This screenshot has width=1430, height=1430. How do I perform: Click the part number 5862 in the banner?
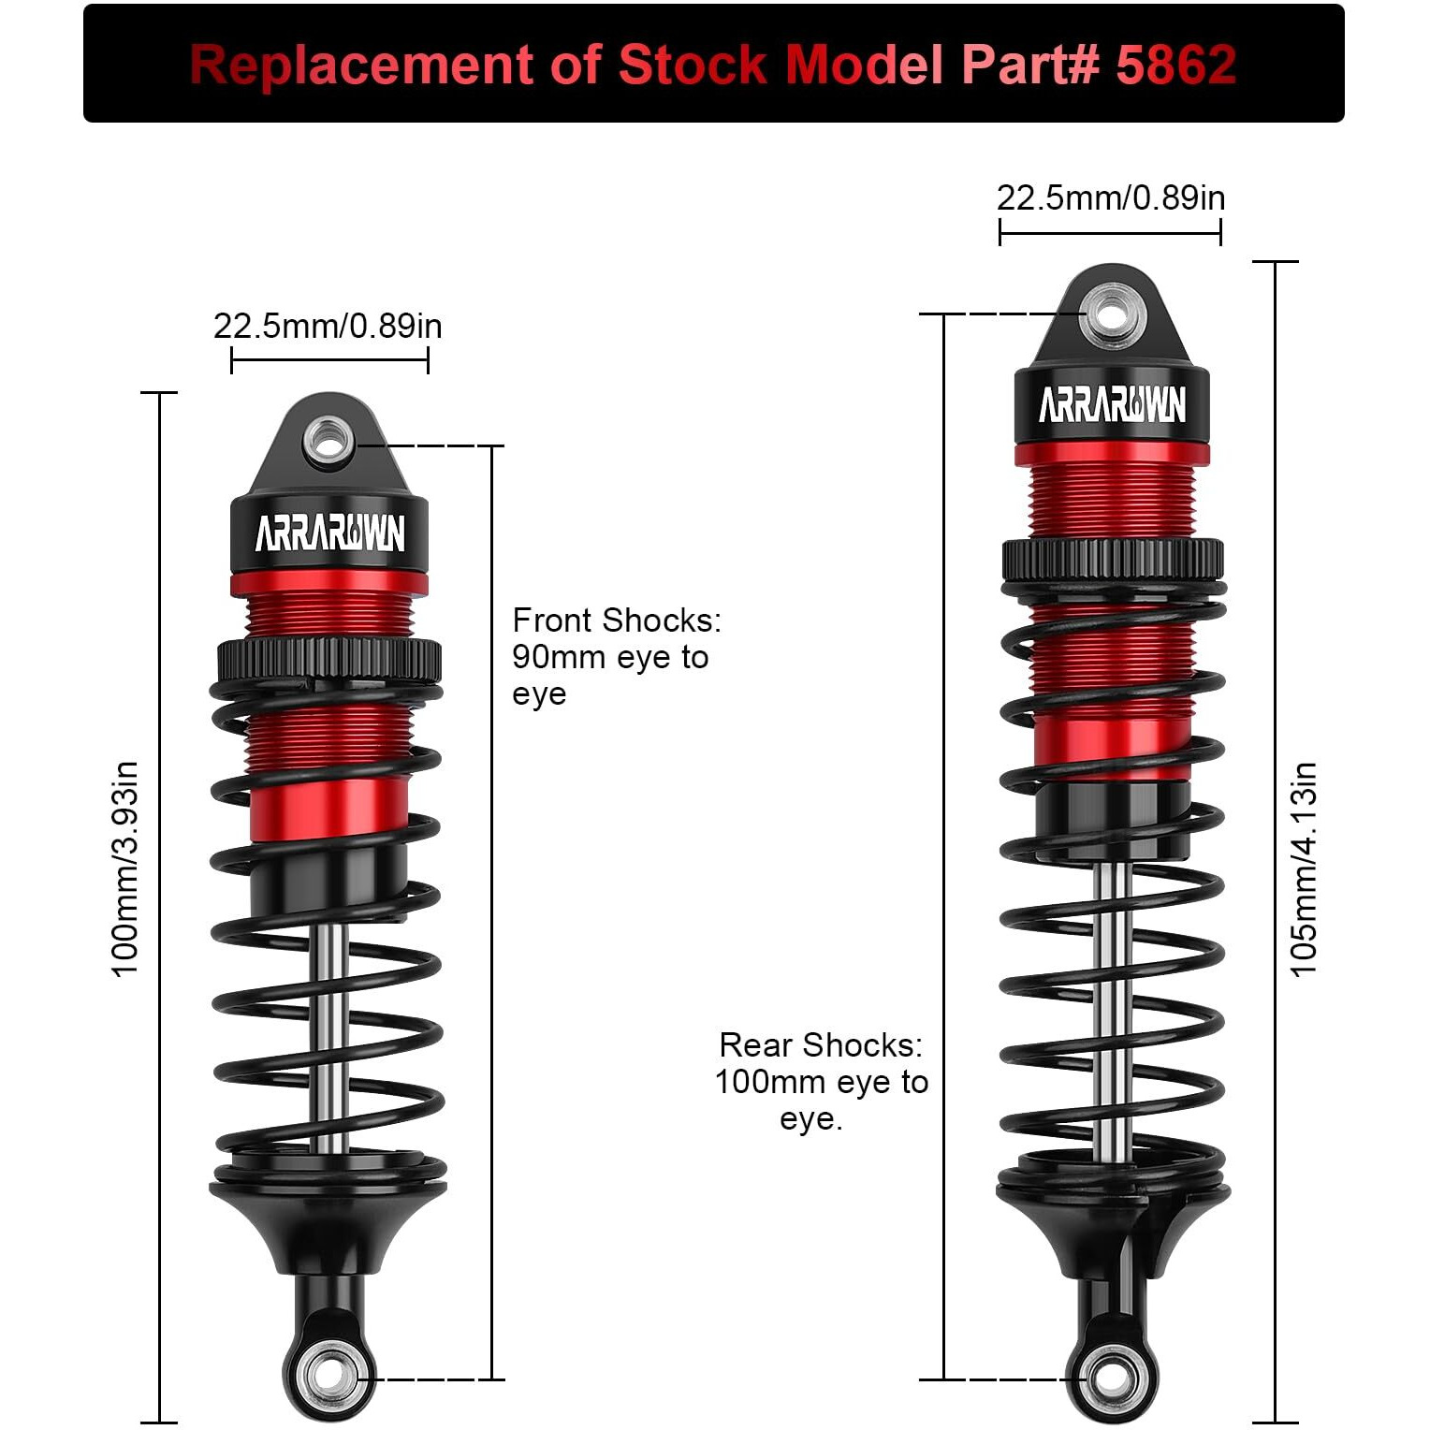1176,65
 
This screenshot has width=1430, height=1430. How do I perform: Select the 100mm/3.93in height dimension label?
125,869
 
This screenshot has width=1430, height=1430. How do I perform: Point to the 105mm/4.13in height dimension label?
1303,869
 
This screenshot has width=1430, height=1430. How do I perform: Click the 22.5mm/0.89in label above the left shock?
328,327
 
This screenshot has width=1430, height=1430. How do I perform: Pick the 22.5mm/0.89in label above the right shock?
1110,198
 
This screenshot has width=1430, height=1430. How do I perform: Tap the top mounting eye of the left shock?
328,438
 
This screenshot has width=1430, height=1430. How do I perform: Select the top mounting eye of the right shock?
1112,312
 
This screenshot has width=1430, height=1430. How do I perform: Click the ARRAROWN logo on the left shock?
329,534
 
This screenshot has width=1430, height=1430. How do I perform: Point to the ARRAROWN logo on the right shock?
1112,405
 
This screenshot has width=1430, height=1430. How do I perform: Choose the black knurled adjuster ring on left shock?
329,660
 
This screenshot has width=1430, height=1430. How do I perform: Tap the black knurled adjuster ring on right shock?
1112,561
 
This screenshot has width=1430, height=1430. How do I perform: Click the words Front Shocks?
616,620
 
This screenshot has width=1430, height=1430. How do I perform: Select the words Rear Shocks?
820,1045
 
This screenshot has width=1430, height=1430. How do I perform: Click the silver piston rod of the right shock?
1112,1011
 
